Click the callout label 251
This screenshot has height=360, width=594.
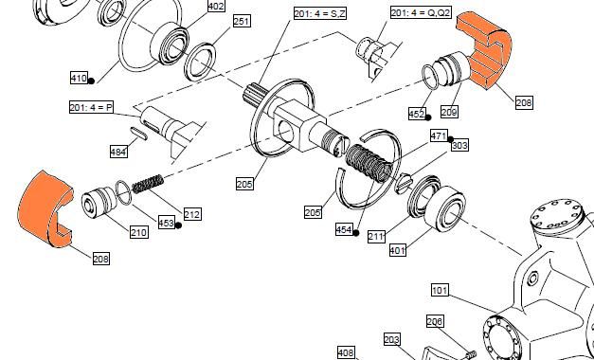[242, 21]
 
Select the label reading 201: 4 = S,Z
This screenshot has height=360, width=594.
[320, 13]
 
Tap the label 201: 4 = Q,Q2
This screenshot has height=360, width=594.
[421, 12]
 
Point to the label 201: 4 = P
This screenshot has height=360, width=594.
[91, 107]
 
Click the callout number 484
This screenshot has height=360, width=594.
[118, 152]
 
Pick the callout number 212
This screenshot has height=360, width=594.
[192, 214]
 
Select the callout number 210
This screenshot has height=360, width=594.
[138, 232]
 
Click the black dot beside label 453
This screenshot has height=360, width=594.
[178, 225]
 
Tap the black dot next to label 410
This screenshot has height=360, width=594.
[91, 81]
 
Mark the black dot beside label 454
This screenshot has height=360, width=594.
[355, 233]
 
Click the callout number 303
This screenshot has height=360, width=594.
[459, 145]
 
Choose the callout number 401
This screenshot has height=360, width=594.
[398, 250]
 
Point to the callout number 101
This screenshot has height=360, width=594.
[440, 291]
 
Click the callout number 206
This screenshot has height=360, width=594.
[435, 321]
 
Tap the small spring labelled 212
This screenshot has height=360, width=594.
[148, 184]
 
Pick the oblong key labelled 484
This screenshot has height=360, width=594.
[139, 134]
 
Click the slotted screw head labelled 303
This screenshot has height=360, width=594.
[403, 184]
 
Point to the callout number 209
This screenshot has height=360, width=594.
[449, 112]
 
